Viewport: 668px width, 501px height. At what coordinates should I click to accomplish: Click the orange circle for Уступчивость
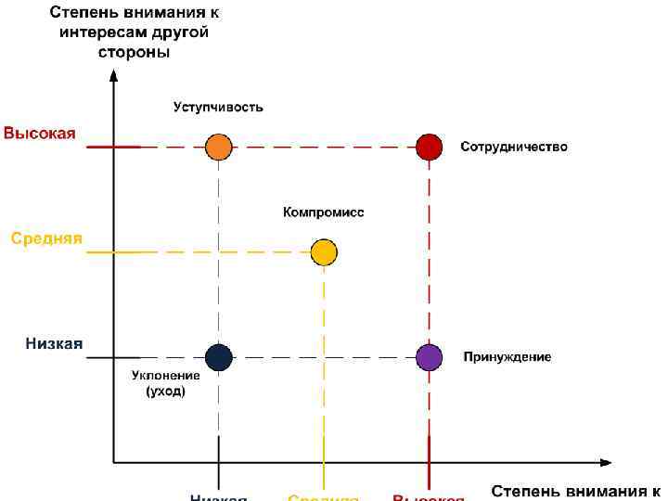(x=218, y=147)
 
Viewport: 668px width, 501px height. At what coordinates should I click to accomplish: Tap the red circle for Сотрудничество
(x=429, y=147)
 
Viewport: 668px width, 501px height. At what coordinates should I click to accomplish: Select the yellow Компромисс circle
(x=324, y=251)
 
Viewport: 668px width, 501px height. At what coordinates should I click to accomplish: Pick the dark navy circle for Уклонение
(x=218, y=357)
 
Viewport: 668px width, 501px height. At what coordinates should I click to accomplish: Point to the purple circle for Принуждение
(x=429, y=357)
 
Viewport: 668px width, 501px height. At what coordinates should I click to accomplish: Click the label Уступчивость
(x=218, y=107)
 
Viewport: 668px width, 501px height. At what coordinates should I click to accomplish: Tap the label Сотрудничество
(x=514, y=147)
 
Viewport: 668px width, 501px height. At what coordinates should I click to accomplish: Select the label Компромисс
(x=324, y=212)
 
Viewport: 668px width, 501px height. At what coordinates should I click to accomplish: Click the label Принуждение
(x=507, y=357)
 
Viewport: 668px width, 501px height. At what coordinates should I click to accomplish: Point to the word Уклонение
(x=165, y=376)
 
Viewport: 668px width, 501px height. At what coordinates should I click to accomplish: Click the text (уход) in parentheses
(x=166, y=392)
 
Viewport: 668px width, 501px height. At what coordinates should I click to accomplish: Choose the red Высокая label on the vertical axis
(x=40, y=133)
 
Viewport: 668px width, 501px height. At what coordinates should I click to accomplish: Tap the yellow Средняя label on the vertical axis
(x=46, y=238)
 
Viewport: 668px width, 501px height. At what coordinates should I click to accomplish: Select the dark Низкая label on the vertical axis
(x=54, y=343)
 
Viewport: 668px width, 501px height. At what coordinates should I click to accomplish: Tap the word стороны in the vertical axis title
(x=134, y=52)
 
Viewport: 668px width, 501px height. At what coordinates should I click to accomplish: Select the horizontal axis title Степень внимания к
(x=575, y=490)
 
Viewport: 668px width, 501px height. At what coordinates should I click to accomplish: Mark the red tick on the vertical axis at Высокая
(x=113, y=147)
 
